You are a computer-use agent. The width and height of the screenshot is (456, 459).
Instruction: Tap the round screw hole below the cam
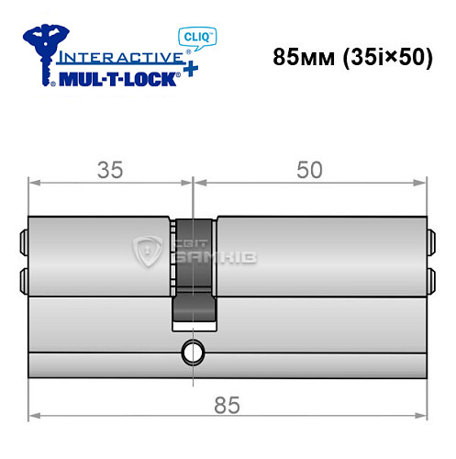click(x=193, y=351)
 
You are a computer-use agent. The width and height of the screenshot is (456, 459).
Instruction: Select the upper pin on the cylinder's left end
click(x=23, y=244)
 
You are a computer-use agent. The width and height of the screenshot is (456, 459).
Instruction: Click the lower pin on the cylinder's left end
click(x=23, y=277)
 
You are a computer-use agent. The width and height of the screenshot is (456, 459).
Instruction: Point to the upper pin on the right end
click(x=429, y=244)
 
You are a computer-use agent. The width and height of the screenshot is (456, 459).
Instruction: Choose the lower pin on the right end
click(x=429, y=277)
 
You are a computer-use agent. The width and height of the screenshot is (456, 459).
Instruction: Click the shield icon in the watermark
click(x=148, y=252)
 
